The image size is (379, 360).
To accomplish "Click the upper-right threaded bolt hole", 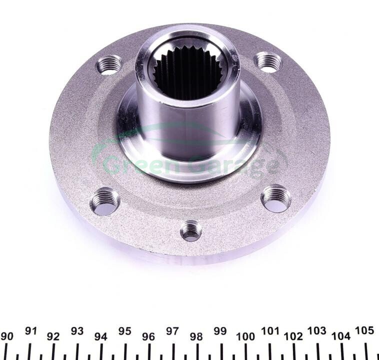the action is click(x=268, y=62).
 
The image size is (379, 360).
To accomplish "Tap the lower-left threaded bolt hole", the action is click(x=105, y=201).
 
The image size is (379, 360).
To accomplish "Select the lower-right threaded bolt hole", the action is click(x=276, y=198).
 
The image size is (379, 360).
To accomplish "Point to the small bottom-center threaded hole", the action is click(x=191, y=231).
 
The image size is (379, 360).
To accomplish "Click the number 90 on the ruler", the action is click(x=7, y=336).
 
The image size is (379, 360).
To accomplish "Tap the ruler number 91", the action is click(x=31, y=331).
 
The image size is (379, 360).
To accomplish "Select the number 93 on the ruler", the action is click(x=77, y=331).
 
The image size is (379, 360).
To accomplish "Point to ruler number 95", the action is click(x=124, y=331).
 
